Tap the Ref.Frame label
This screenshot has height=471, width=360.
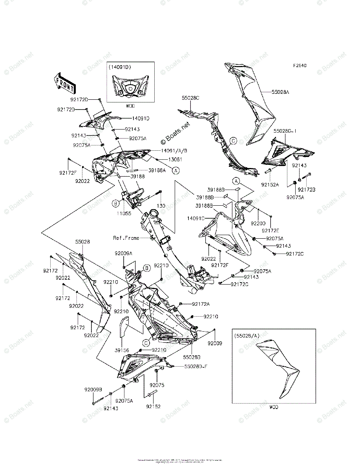click(126, 238)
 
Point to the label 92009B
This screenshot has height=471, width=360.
click(93, 390)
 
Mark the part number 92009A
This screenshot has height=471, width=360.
click(124, 254)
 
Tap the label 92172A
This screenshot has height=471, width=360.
click(201, 304)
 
